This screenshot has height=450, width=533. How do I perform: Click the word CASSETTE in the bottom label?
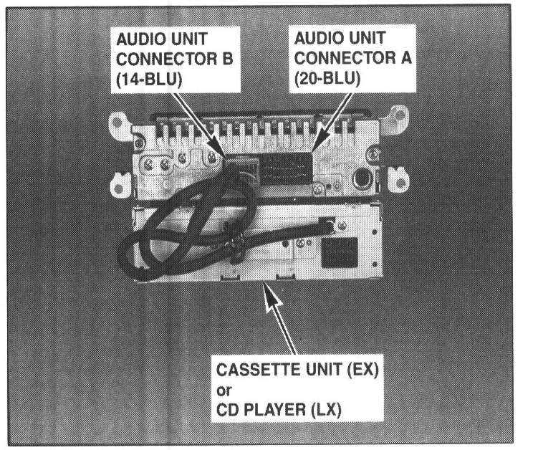coord(260,370)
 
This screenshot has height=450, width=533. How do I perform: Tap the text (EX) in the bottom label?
coord(363,370)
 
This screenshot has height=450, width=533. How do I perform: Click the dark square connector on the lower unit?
coord(340,252)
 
